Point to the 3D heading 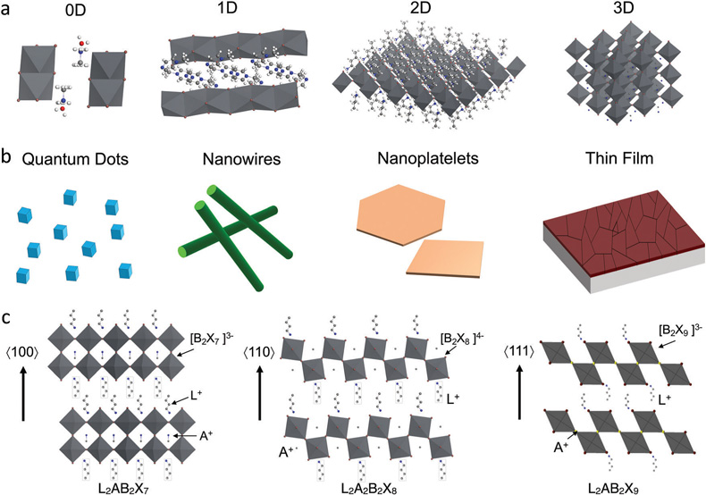(x=623, y=9)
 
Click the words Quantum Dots (x=75, y=159)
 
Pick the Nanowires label (x=241, y=159)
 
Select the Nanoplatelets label (x=428, y=158)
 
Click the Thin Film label (x=619, y=158)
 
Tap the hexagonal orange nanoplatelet (x=400, y=214)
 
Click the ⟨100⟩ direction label (x=22, y=352)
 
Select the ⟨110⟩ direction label (x=259, y=352)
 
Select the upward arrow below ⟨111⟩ (x=520, y=392)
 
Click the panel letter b (x=5, y=157)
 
